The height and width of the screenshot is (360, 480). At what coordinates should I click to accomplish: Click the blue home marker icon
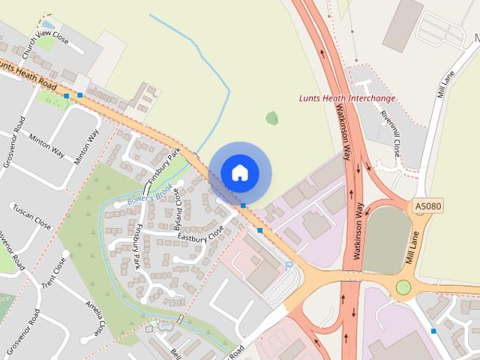(240, 172)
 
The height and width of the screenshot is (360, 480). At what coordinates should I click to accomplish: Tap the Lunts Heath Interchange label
(347, 98)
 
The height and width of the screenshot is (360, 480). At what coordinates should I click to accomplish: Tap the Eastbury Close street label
(201, 235)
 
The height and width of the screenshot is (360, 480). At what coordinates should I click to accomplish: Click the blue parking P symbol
(289, 265)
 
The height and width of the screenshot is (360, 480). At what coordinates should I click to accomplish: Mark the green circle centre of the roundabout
(403, 286)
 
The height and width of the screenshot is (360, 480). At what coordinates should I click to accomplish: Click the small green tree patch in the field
(271, 118)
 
